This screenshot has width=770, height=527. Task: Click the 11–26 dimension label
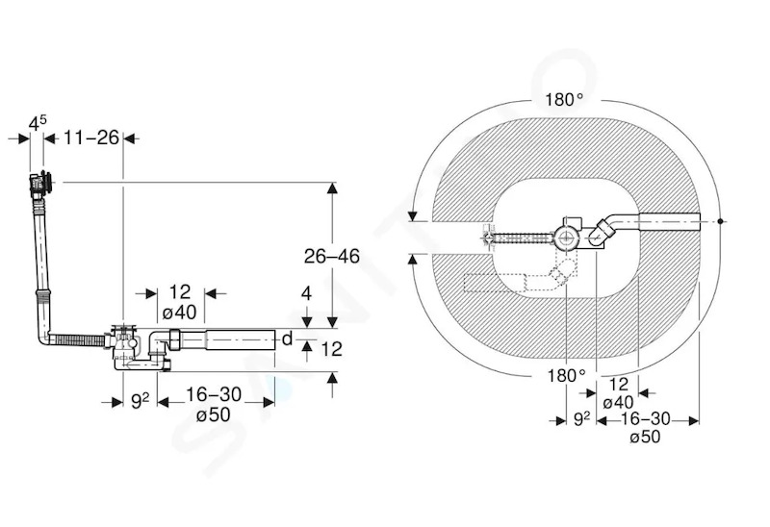pos(91,138)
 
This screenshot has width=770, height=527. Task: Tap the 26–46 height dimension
pos(331,256)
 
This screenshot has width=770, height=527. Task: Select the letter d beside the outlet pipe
pos(287,339)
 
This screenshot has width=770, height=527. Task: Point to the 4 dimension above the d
pos(306,293)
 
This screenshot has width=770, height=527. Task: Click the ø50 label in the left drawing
pos(213,415)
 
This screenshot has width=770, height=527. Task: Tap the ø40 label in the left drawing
pos(179,313)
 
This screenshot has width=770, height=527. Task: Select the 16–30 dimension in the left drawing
pos(214,394)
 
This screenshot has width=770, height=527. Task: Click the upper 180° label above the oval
pos(564,100)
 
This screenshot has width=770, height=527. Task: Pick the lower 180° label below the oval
pos(566,376)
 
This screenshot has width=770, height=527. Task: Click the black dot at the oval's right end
pos(720,221)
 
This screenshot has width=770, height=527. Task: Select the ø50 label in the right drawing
pos(645,437)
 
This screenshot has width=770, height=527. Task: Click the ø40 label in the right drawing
pos(618,402)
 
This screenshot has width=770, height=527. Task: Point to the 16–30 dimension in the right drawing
pos(645,418)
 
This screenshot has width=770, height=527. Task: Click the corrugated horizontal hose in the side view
pos(77,340)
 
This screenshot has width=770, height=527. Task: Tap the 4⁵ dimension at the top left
pos(38,123)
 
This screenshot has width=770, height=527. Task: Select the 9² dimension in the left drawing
pos(140,401)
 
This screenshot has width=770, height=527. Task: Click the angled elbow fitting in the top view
pos(603,231)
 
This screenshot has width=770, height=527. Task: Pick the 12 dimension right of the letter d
pos(331,349)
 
